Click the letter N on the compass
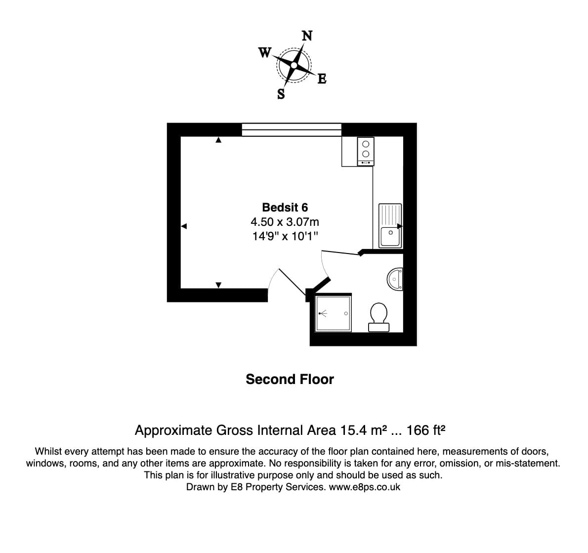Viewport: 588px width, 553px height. pos(307,36)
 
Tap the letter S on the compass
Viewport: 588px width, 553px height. pos(281,94)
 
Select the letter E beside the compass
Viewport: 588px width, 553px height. pos(322,79)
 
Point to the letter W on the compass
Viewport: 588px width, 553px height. pos(265,52)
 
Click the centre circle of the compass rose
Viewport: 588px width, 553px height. pos(294,65)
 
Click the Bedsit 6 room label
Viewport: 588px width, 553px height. pos(285,208)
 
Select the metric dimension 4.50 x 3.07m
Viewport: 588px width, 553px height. pos(285,222)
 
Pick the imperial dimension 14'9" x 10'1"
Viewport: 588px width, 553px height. pos(285,236)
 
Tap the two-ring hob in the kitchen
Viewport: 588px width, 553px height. pos(366,151)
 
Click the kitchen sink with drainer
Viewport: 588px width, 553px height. pos(390,225)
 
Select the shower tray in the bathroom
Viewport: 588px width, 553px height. pos(334,313)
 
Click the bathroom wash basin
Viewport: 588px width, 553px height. pos(395,279)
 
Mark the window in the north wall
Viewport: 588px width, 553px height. pos(292,129)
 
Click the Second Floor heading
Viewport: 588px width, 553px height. pos(290,379)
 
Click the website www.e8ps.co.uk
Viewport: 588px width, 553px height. pos(365,487)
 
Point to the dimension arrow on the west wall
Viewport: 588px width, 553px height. pos(184,226)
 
